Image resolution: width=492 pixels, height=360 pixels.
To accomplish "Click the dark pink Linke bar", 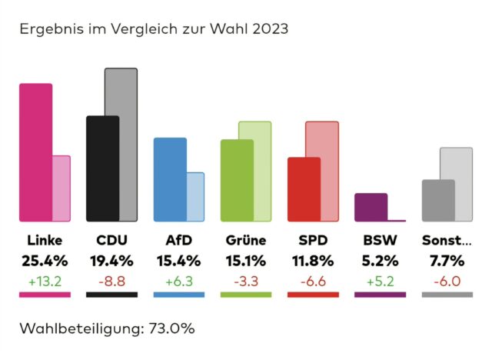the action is [36, 152].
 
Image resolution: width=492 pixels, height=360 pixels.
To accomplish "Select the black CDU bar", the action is [102, 169].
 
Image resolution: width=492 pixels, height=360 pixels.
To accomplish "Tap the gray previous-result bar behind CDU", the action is [128, 145].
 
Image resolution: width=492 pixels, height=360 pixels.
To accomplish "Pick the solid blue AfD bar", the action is [170, 179].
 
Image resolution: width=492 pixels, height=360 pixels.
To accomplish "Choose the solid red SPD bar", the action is [304, 189].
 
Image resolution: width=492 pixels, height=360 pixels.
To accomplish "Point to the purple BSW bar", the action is [371, 208].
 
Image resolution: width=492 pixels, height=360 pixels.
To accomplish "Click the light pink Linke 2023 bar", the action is [61, 188].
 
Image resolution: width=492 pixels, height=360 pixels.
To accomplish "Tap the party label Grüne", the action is [246, 241].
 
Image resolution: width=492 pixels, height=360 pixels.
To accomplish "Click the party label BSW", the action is [380, 241].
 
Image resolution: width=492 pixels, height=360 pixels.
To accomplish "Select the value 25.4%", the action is [45, 261].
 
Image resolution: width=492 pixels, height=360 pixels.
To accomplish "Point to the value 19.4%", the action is [112, 261].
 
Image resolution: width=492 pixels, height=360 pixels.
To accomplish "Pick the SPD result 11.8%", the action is [313, 261].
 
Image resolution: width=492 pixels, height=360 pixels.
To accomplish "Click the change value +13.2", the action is [45, 282].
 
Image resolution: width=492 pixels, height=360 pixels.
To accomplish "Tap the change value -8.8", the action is [112, 282].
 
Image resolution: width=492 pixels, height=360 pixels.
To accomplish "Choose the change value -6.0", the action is [447, 282].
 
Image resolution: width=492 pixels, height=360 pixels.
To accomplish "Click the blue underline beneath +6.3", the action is [179, 295].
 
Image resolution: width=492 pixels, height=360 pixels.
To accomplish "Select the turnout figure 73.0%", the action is [171, 328].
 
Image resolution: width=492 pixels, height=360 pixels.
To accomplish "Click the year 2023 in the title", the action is [270, 29].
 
